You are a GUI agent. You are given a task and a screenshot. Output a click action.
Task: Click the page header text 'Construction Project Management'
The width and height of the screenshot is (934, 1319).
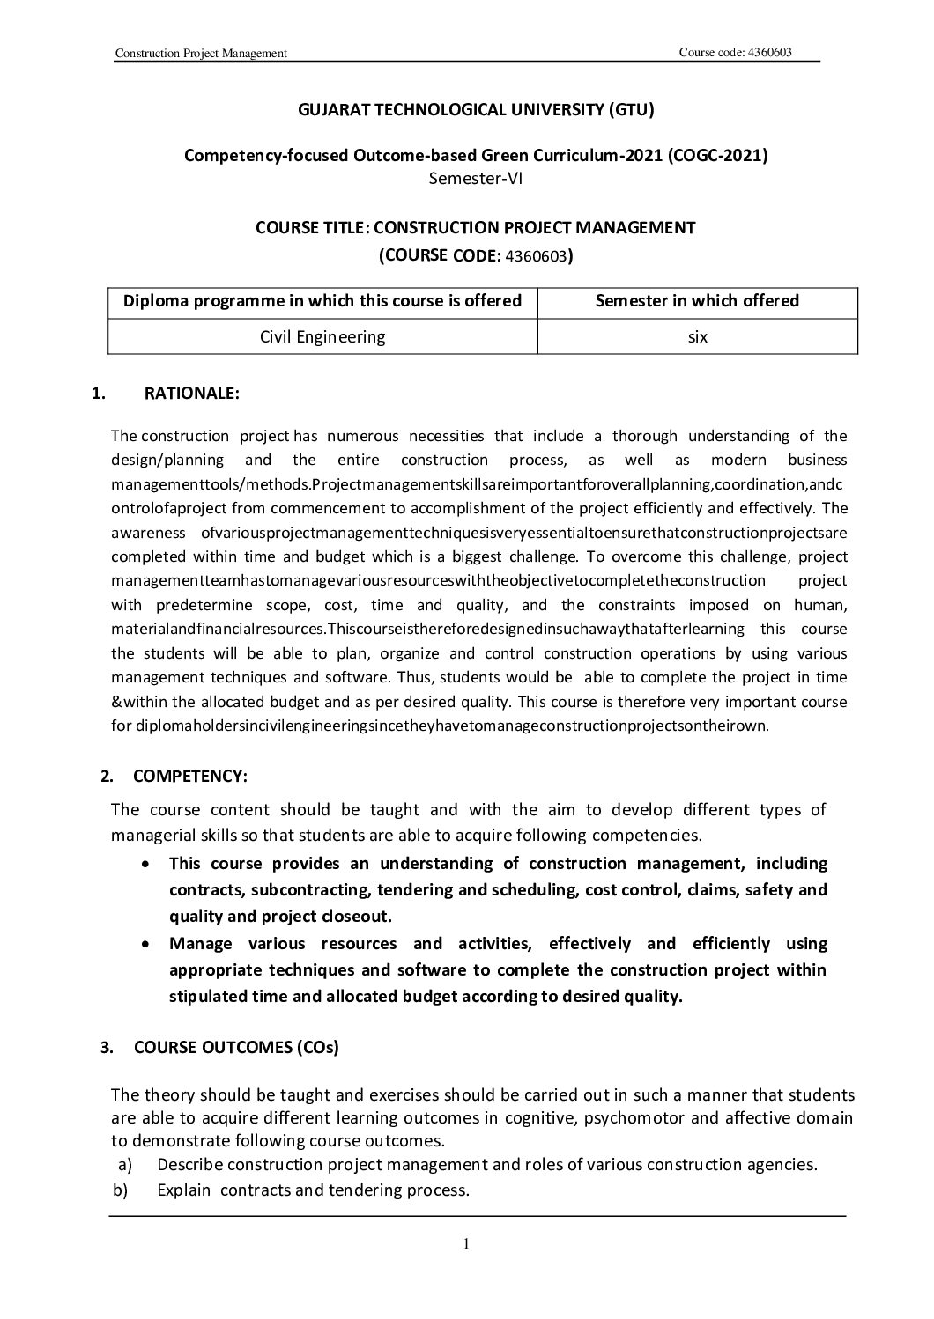(202, 54)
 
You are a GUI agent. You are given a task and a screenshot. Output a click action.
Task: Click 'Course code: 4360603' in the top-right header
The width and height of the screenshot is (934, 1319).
(736, 52)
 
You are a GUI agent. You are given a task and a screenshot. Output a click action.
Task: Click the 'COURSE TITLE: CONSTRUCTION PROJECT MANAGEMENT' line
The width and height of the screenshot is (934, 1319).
(476, 228)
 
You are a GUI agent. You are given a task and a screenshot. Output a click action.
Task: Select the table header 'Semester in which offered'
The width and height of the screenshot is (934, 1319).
(697, 301)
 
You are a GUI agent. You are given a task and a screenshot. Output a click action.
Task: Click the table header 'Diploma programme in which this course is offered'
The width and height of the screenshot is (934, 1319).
(322, 301)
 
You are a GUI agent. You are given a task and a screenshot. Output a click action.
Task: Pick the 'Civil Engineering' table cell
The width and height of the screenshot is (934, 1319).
(322, 336)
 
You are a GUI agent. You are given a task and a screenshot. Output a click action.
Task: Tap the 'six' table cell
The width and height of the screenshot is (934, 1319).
(697, 336)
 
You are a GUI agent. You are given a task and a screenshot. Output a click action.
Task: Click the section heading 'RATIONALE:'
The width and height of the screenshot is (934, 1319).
(191, 394)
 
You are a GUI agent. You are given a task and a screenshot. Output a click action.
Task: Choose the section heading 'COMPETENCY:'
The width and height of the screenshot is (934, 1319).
(190, 776)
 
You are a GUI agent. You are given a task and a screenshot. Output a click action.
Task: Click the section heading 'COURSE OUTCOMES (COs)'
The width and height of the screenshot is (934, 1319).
(236, 1047)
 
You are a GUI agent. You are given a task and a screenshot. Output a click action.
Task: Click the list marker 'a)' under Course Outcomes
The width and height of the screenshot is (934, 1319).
(124, 1165)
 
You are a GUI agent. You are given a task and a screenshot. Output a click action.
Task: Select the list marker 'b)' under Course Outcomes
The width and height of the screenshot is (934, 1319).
(122, 1190)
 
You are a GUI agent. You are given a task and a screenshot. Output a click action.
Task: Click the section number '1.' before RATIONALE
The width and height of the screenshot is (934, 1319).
(98, 394)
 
